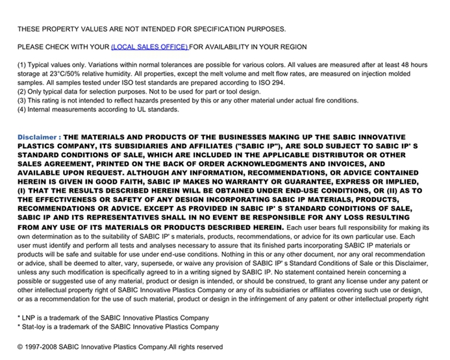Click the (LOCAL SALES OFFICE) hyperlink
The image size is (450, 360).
click(x=149, y=47)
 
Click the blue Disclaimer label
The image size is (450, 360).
click(x=39, y=138)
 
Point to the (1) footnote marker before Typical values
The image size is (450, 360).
click(x=21, y=65)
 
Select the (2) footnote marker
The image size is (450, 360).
click(x=21, y=92)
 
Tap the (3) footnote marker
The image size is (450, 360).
click(x=21, y=101)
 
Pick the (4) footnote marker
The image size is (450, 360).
click(x=21, y=110)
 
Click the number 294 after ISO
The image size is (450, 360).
click(x=277, y=83)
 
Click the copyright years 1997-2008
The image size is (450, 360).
click(x=45, y=347)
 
